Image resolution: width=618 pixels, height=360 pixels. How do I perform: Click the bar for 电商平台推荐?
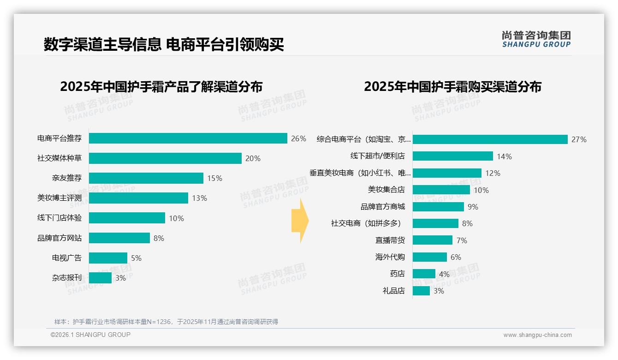click(x=188, y=138)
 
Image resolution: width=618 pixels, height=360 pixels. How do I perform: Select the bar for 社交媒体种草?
click(x=165, y=158)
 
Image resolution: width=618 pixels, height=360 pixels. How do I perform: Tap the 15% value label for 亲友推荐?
click(x=214, y=178)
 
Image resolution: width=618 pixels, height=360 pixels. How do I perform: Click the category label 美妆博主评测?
click(x=59, y=198)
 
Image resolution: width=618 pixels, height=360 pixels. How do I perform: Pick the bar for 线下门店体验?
click(x=127, y=218)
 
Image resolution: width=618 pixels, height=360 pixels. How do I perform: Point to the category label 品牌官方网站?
click(x=59, y=238)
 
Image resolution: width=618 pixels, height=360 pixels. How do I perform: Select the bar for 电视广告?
click(x=108, y=258)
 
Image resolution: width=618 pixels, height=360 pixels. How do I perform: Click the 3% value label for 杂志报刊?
click(x=120, y=278)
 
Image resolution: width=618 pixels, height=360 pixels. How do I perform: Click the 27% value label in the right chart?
click(x=579, y=139)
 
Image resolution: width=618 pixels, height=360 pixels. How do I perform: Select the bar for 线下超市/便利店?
click(x=452, y=156)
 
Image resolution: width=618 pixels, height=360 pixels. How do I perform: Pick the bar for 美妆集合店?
click(x=441, y=190)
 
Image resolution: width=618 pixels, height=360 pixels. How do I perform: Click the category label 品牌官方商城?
click(x=382, y=207)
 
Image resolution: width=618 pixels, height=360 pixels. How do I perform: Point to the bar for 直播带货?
click(x=432, y=240)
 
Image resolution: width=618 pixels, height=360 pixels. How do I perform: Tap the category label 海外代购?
click(x=390, y=257)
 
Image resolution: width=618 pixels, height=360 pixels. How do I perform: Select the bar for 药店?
click(x=424, y=274)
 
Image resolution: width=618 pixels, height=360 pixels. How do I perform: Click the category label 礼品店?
click(x=393, y=291)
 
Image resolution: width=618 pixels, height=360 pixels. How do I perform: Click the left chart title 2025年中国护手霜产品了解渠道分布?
click(x=161, y=87)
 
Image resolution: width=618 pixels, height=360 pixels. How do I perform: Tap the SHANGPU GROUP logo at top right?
click(x=536, y=39)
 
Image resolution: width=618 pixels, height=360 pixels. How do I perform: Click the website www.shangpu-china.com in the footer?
click(x=537, y=335)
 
